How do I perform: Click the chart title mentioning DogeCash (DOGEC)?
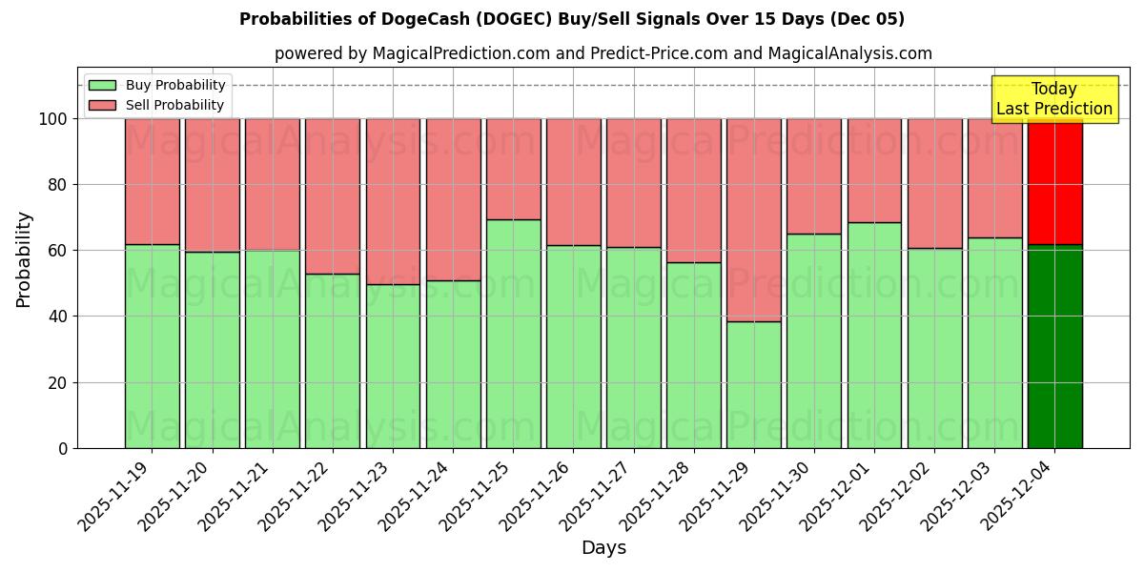[572, 19]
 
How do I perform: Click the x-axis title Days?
[603, 548]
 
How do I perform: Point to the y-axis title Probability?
[24, 258]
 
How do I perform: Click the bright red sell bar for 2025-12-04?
[1054, 181]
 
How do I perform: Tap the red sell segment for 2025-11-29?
[753, 219]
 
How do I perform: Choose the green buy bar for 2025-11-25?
[513, 334]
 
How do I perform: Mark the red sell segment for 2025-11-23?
[393, 201]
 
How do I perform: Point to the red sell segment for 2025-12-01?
[874, 171]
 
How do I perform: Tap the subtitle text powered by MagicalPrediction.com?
[603, 53]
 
